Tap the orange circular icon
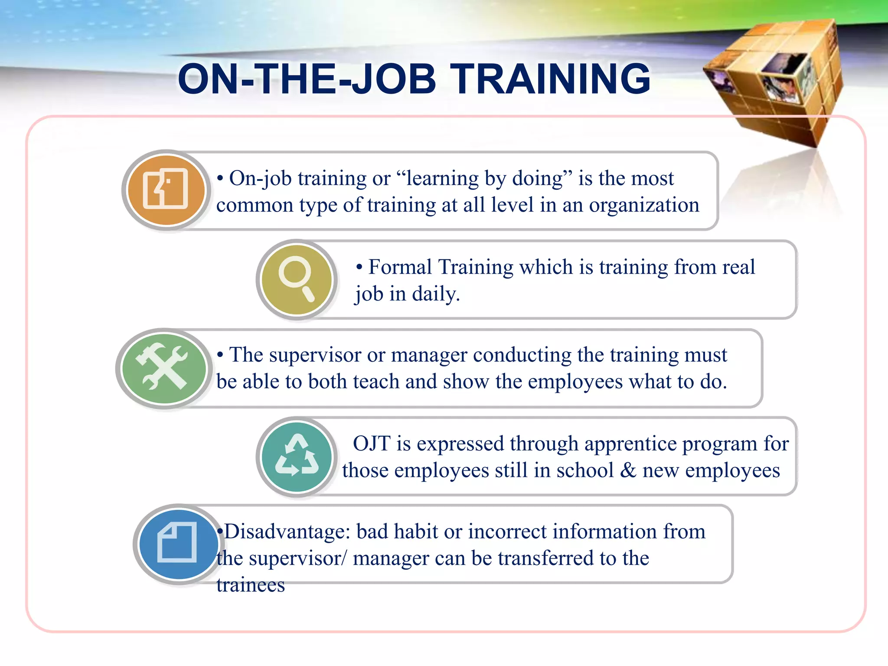click(x=166, y=190)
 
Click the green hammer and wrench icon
click(x=164, y=368)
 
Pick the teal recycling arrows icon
click(x=297, y=457)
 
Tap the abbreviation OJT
click(x=372, y=444)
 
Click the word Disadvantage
click(x=287, y=532)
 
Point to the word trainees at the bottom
click(x=251, y=585)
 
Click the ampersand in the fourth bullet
click(x=628, y=470)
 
